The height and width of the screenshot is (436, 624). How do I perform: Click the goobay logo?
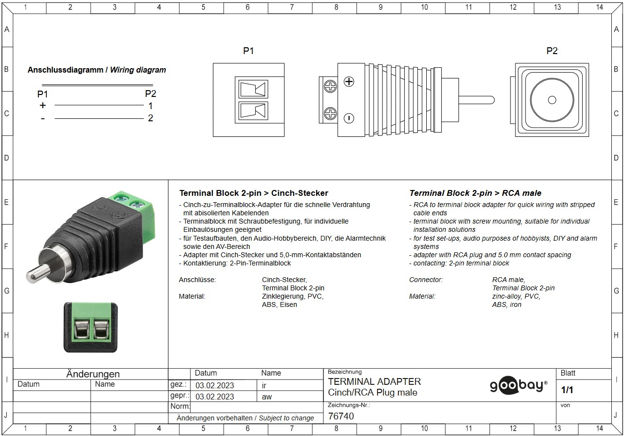(x=518, y=385)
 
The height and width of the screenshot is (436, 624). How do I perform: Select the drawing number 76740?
(x=341, y=416)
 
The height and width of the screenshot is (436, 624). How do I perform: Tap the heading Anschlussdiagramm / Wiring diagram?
(x=96, y=70)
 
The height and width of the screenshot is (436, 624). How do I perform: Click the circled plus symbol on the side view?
(x=349, y=82)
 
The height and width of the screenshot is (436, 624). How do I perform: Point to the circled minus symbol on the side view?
(x=349, y=118)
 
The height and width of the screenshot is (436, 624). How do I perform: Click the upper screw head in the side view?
(x=330, y=86)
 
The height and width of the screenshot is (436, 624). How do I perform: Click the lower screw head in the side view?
(x=330, y=114)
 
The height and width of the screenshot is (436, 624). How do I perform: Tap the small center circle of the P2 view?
(x=552, y=100)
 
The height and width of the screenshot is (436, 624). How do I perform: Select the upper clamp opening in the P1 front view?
(x=253, y=89)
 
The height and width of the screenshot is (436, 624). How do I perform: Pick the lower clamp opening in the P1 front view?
(x=253, y=111)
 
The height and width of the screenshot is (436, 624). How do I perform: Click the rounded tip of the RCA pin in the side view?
(x=493, y=100)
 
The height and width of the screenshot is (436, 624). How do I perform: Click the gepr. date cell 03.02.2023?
(x=214, y=397)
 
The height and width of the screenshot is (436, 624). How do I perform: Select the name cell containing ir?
(x=264, y=385)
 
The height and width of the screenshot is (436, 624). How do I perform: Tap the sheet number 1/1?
(x=567, y=390)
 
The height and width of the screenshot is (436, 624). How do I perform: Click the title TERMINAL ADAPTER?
(x=374, y=381)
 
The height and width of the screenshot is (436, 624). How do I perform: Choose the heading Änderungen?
(x=93, y=374)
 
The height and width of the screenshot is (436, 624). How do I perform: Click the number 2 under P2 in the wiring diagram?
(x=151, y=118)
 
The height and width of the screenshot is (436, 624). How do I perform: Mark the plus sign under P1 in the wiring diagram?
(x=42, y=105)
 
